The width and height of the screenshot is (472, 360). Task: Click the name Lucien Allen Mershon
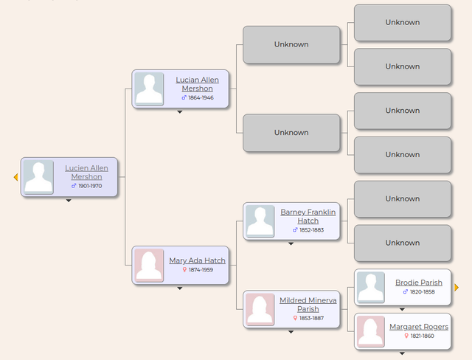click(x=86, y=173)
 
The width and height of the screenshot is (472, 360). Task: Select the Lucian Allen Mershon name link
click(x=197, y=84)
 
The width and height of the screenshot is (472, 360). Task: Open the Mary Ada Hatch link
click(x=197, y=260)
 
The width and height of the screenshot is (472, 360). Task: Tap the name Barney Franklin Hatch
click(x=308, y=216)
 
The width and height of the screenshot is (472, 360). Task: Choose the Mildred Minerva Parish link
click(x=308, y=305)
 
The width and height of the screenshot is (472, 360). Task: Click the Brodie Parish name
click(x=419, y=283)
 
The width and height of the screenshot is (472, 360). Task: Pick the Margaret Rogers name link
click(x=419, y=327)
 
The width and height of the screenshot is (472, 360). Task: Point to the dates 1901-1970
click(x=90, y=186)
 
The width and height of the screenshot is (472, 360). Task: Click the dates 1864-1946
click(x=201, y=98)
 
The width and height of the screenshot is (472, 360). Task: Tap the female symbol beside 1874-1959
click(x=184, y=270)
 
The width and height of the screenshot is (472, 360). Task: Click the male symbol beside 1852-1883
click(x=295, y=230)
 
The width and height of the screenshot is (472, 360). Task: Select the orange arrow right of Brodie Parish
click(x=457, y=288)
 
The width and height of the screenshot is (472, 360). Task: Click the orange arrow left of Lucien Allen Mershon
click(x=16, y=177)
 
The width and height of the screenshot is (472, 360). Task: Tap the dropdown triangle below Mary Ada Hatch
click(x=180, y=288)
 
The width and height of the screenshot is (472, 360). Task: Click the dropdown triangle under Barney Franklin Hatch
click(x=291, y=244)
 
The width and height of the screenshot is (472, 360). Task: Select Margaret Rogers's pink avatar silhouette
click(x=370, y=331)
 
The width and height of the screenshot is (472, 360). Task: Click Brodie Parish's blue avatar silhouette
click(x=370, y=287)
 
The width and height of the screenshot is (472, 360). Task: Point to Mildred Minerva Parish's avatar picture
click(x=260, y=309)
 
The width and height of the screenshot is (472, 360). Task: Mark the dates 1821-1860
click(x=423, y=336)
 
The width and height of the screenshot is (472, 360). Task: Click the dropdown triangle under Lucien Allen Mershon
click(x=69, y=201)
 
